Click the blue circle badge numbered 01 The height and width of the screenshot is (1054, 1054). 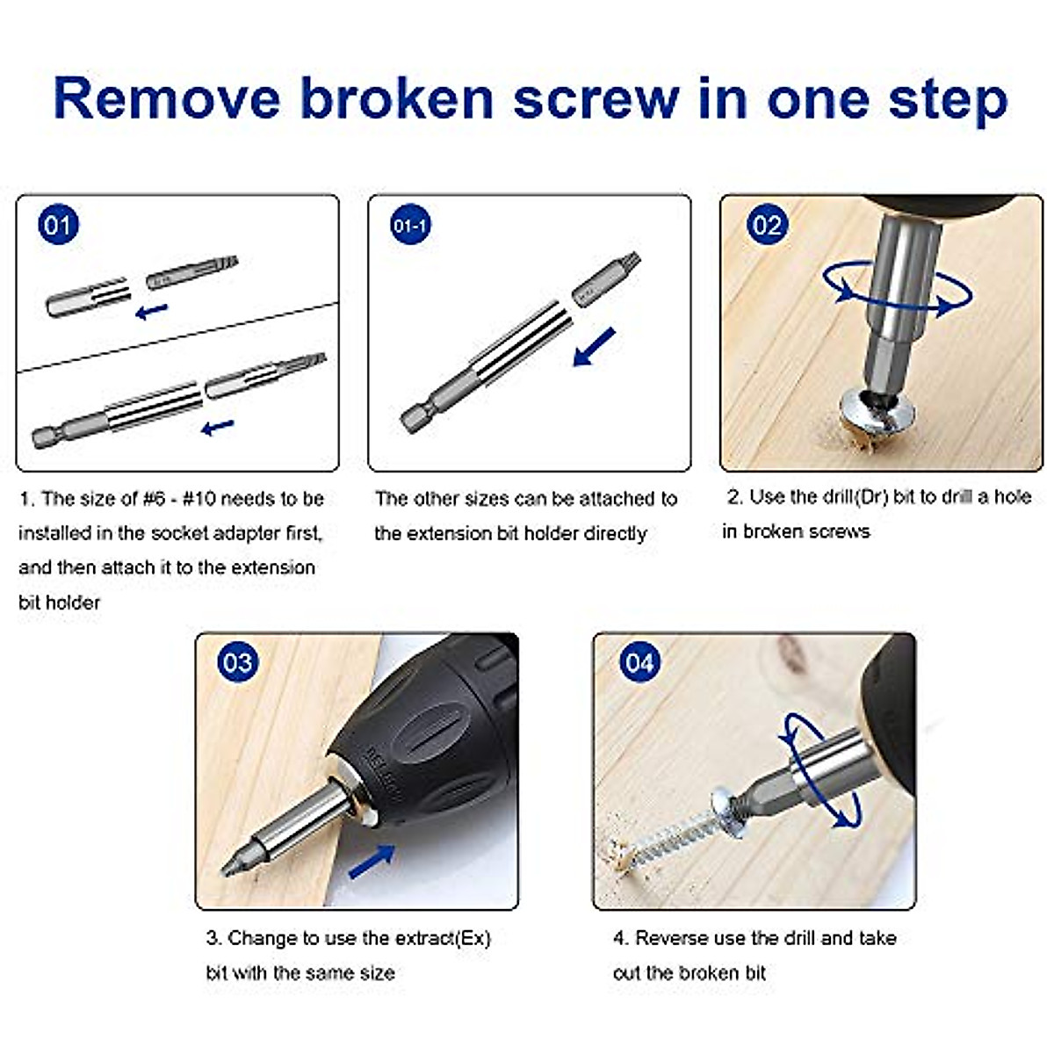coord(57,225)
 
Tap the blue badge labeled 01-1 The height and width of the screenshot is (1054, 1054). coord(409,226)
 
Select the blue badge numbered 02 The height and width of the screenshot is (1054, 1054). coord(766,226)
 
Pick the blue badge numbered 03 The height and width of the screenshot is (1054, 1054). coord(237,661)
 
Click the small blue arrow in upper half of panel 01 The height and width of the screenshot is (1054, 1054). coord(151,310)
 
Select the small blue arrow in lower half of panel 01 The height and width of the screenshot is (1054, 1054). coord(217,427)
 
